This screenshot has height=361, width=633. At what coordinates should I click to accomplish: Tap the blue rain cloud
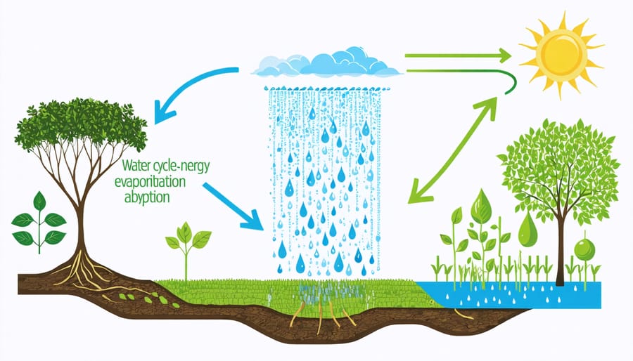(328, 63)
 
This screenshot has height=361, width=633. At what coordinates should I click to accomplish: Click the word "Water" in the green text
(135, 166)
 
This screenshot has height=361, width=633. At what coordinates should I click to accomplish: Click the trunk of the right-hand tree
(561, 253)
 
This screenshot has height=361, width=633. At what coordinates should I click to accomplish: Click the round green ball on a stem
(583, 249)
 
